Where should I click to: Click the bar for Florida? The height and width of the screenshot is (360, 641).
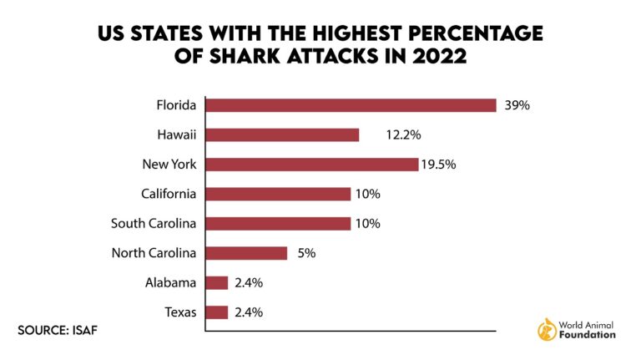pos(351,105)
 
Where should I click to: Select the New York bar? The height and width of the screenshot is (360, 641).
pos(311,165)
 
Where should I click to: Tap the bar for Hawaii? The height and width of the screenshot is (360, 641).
pos(282,134)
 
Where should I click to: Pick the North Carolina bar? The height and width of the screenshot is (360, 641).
pos(246,253)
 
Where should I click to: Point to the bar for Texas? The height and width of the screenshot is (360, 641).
pos(217,312)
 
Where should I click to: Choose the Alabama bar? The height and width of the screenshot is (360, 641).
pos(217,283)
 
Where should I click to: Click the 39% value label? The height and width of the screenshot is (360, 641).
pos(517,105)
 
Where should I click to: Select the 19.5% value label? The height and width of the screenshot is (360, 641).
pos(441,165)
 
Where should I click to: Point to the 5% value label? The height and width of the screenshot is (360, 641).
pos(305,253)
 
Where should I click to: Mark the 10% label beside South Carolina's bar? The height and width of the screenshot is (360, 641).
pos(368,224)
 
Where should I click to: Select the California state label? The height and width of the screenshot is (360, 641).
pos(169,194)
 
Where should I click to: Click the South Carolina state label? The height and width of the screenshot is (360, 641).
pos(154,224)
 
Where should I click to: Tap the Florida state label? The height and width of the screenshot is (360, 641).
pos(176,105)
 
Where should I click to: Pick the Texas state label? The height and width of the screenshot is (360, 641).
pos(180,312)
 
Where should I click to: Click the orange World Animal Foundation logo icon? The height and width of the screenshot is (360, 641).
pos(548,328)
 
